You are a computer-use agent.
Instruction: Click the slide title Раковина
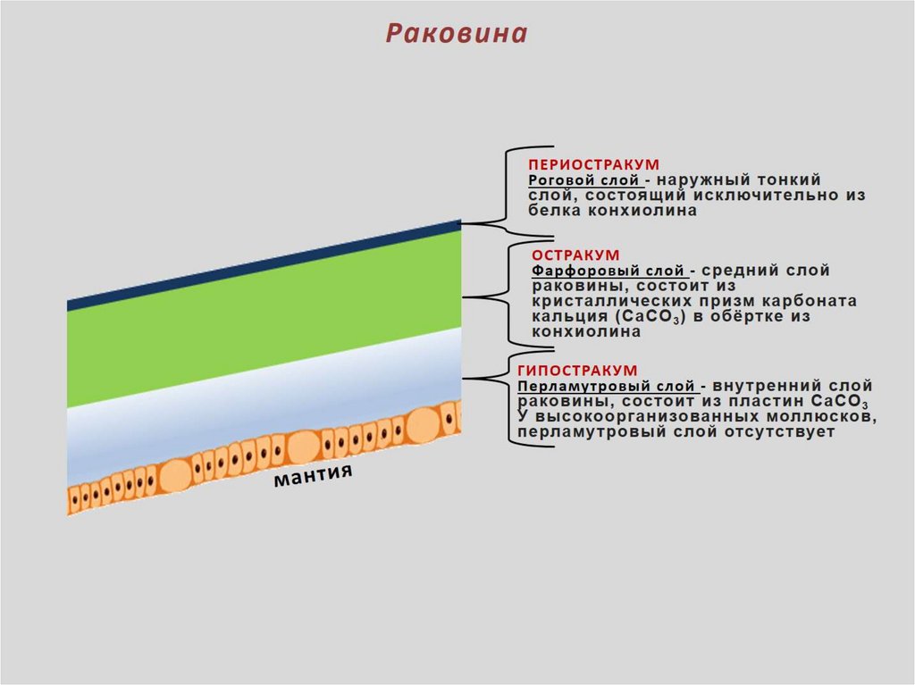coord(457,33)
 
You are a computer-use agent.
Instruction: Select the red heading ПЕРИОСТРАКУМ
coord(593,165)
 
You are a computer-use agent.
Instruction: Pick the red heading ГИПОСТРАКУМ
coord(577,370)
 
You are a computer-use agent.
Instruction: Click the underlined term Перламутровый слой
coord(606,386)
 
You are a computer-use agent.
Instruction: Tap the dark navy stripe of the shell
coord(268,265)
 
